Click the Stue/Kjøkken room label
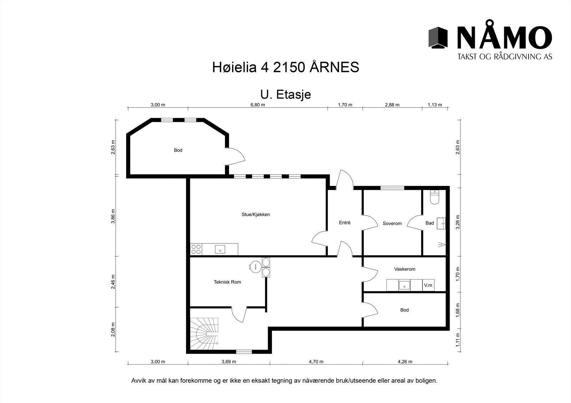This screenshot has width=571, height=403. (x=256, y=215)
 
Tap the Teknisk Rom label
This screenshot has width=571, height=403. (x=227, y=282)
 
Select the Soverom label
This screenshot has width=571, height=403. (x=392, y=223)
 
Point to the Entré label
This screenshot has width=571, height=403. (x=344, y=223)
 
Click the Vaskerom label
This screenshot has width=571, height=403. (x=405, y=269)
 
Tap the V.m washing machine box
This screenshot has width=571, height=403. (x=428, y=285)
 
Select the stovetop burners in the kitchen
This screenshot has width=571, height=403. (x=196, y=249)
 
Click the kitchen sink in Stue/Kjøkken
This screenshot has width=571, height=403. (x=220, y=249)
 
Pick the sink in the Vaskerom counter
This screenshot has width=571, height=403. (x=404, y=285)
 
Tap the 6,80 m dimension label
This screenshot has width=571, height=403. (x=258, y=105)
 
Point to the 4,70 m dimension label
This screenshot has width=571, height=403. (x=316, y=362)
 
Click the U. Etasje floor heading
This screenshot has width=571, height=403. (x=285, y=94)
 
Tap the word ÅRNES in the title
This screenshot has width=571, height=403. (x=334, y=67)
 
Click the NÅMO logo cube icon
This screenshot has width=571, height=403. (x=438, y=37)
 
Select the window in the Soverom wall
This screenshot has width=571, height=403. (x=392, y=187)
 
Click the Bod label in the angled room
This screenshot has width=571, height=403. (x=178, y=150)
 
